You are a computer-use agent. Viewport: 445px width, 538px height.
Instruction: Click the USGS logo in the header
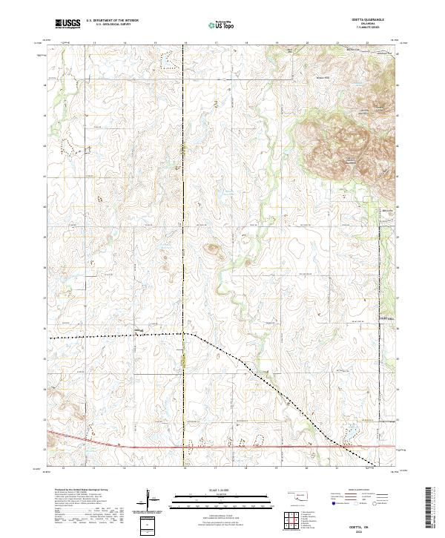[x=67, y=24]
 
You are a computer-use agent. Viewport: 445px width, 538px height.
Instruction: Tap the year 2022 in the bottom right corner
[x=369, y=531]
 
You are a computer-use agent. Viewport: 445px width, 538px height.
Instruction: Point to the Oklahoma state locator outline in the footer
[x=299, y=495]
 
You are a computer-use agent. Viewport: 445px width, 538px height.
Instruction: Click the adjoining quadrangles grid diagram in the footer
[x=293, y=521]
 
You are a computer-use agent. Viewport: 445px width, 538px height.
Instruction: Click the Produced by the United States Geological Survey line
[x=78, y=491]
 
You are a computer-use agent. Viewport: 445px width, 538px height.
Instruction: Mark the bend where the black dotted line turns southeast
[x=191, y=335]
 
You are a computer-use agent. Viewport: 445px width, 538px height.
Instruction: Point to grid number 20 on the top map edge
[x=306, y=44]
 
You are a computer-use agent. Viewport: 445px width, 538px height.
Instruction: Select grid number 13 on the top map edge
[x=95, y=44]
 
